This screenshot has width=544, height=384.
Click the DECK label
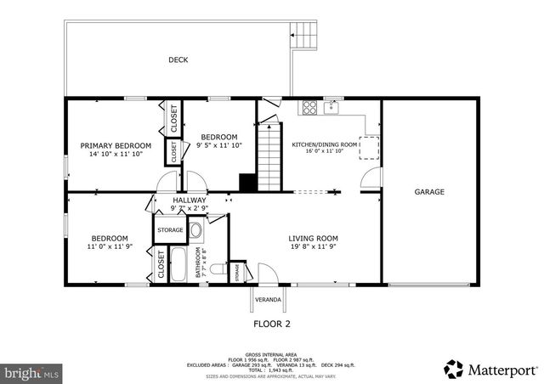coord(178,59)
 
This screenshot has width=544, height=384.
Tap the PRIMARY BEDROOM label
coord(116,145)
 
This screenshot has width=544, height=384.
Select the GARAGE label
coord(429,192)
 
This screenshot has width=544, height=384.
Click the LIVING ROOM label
coord(314,239)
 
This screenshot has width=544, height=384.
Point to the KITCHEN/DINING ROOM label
coord(325,144)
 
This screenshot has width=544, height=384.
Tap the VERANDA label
coord(269,299)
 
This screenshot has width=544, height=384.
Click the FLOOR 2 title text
coord(272,324)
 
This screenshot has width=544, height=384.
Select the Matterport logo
coord(491,370)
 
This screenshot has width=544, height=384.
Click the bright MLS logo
coord(33,372)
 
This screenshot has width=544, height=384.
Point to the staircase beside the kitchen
coord(269,157)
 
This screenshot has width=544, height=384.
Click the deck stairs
coord(305,36)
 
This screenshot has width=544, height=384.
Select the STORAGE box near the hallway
coord(168,229)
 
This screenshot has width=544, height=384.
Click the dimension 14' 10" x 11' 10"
coord(116,155)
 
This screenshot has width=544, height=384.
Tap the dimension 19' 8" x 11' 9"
coord(314,248)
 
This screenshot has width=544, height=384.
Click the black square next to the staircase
coord(247,182)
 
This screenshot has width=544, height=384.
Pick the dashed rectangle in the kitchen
coord(370,146)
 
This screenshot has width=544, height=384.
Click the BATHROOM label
coord(199,263)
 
